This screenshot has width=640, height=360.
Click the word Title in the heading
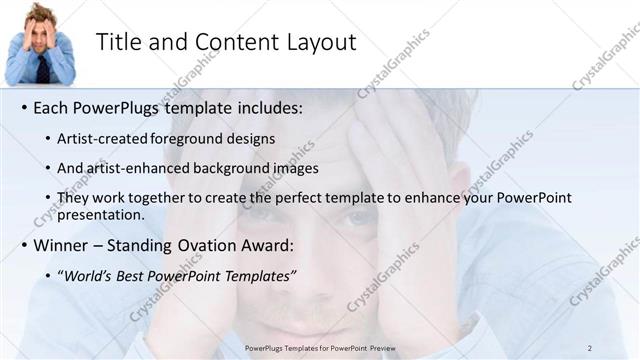pos(117,42)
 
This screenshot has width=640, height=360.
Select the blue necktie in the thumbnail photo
pos(43,68)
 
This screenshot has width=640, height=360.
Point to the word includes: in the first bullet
pos(265,107)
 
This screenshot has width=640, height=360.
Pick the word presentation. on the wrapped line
pos(101,215)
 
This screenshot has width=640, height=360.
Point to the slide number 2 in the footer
pos(589,347)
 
